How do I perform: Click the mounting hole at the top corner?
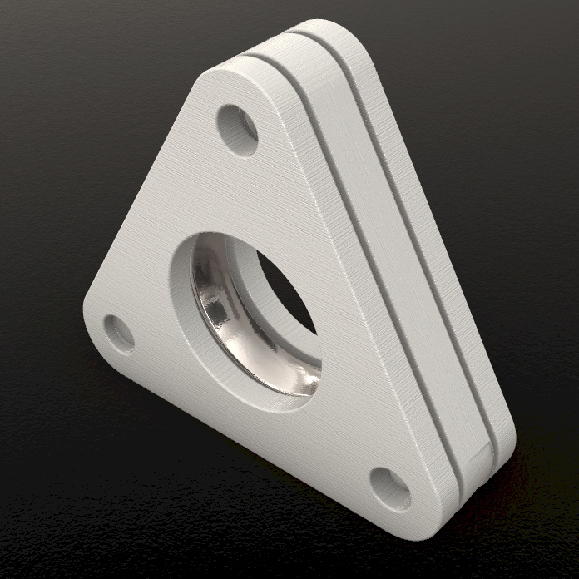(x=237, y=129)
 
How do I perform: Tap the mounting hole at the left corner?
(x=119, y=333)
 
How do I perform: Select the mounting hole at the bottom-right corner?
(x=389, y=487)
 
